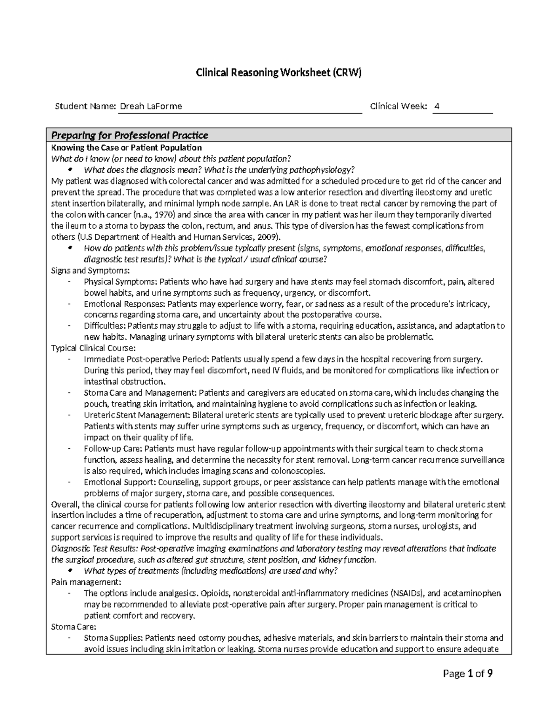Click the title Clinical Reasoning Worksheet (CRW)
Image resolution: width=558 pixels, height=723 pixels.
[x=279, y=73]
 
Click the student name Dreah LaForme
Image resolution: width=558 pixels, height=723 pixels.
[x=151, y=106]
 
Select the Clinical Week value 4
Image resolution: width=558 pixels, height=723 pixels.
[x=436, y=106]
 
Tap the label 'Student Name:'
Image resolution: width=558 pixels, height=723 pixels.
[x=85, y=106]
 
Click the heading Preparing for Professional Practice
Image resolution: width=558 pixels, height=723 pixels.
[x=129, y=135]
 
